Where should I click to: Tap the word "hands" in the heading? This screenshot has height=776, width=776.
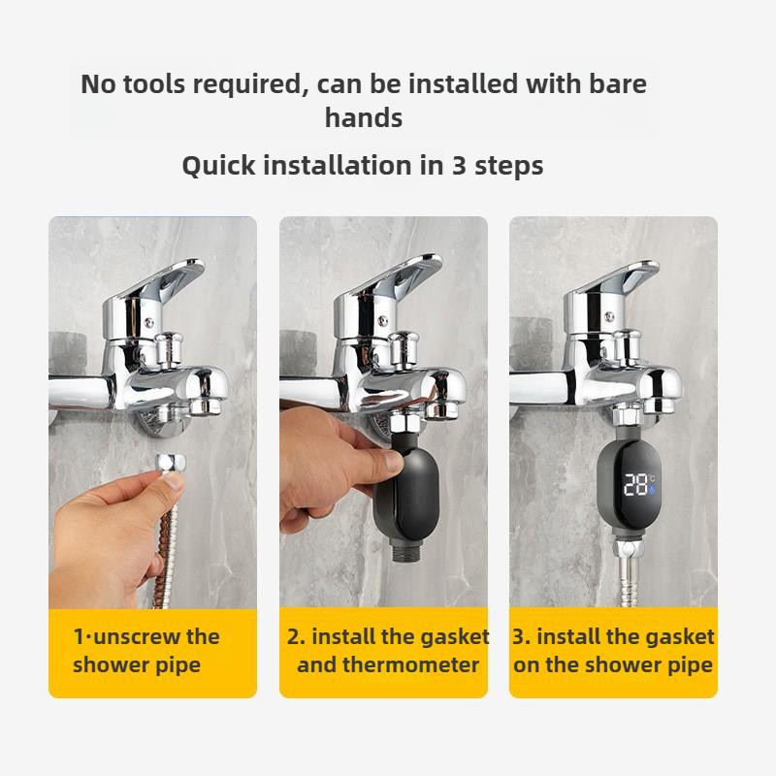364,118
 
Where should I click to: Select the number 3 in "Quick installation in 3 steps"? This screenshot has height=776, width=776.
460,165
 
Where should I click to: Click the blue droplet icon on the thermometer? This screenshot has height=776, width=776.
653,491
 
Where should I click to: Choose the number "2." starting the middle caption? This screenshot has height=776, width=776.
296,637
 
